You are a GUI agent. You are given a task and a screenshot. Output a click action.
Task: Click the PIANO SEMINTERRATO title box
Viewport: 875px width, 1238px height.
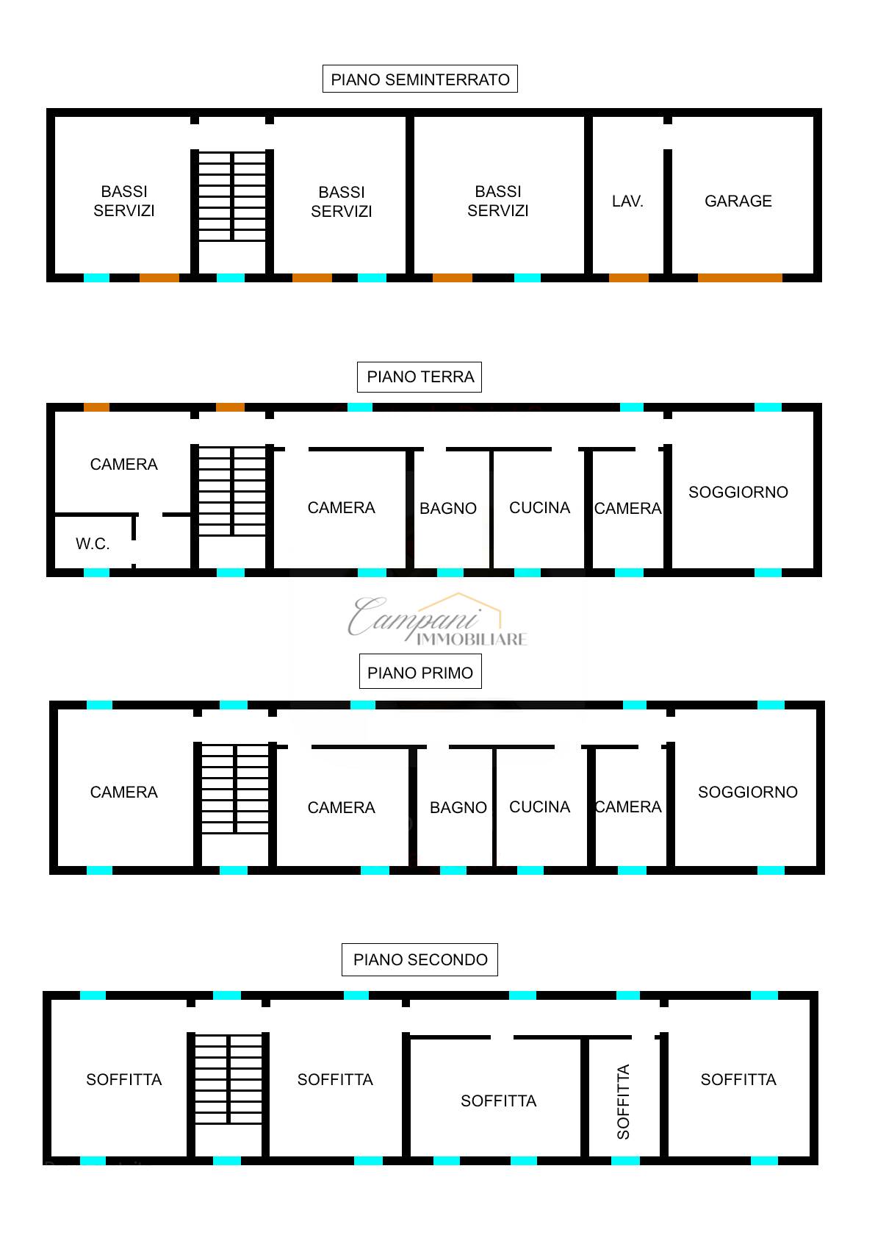coord(420,79)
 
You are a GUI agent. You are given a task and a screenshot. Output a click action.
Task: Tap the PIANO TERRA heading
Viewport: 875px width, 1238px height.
coord(420,377)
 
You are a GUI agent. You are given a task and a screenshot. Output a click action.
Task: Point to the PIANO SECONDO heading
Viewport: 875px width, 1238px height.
coord(420,959)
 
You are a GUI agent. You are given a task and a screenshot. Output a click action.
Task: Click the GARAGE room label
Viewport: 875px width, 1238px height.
coord(738,201)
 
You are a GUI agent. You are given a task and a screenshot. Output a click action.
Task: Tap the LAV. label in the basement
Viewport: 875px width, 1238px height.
coord(627,201)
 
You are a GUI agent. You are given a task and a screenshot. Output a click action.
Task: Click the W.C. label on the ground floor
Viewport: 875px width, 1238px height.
coord(93,544)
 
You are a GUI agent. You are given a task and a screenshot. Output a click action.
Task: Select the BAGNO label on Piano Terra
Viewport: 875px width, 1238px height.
coord(448,508)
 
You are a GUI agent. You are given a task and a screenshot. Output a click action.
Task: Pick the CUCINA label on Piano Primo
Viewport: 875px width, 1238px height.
coord(540,807)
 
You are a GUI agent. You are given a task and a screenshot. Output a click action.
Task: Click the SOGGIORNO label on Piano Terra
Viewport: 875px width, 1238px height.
coord(738,492)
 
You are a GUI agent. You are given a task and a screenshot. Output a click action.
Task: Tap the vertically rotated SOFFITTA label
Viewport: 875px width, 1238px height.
coord(623,1101)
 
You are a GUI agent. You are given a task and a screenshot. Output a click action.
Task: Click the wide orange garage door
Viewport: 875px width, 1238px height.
coord(741,277)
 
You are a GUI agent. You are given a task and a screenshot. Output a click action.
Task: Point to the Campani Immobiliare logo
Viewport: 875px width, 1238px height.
coord(438,620)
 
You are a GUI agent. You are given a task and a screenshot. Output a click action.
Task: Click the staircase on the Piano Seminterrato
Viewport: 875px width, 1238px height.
coord(232,196)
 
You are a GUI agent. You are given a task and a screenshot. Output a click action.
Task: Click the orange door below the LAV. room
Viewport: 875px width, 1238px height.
coord(629,277)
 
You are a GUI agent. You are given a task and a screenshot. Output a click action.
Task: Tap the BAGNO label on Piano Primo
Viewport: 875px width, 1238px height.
coord(458,807)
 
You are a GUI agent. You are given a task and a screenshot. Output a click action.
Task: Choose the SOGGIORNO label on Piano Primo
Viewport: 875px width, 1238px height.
coord(748,792)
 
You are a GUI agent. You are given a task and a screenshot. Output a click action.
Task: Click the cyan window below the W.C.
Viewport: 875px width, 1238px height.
coord(97,573)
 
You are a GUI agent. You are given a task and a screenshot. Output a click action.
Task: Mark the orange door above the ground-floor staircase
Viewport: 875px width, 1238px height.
coord(231,407)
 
